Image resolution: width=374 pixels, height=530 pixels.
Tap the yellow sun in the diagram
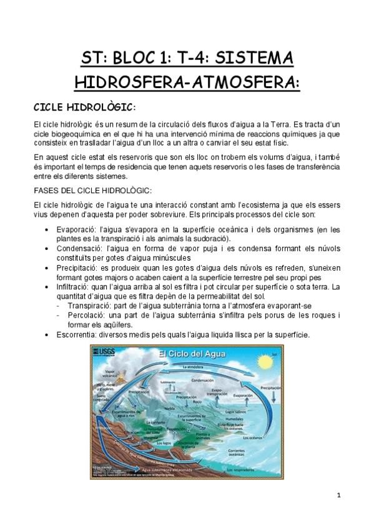click(x=275, y=361)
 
